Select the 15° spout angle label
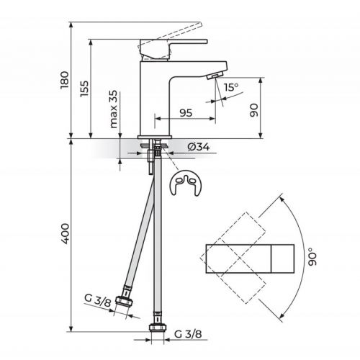click(x=230, y=88)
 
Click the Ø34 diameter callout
click(x=197, y=148)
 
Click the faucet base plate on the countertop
click(x=154, y=136)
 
